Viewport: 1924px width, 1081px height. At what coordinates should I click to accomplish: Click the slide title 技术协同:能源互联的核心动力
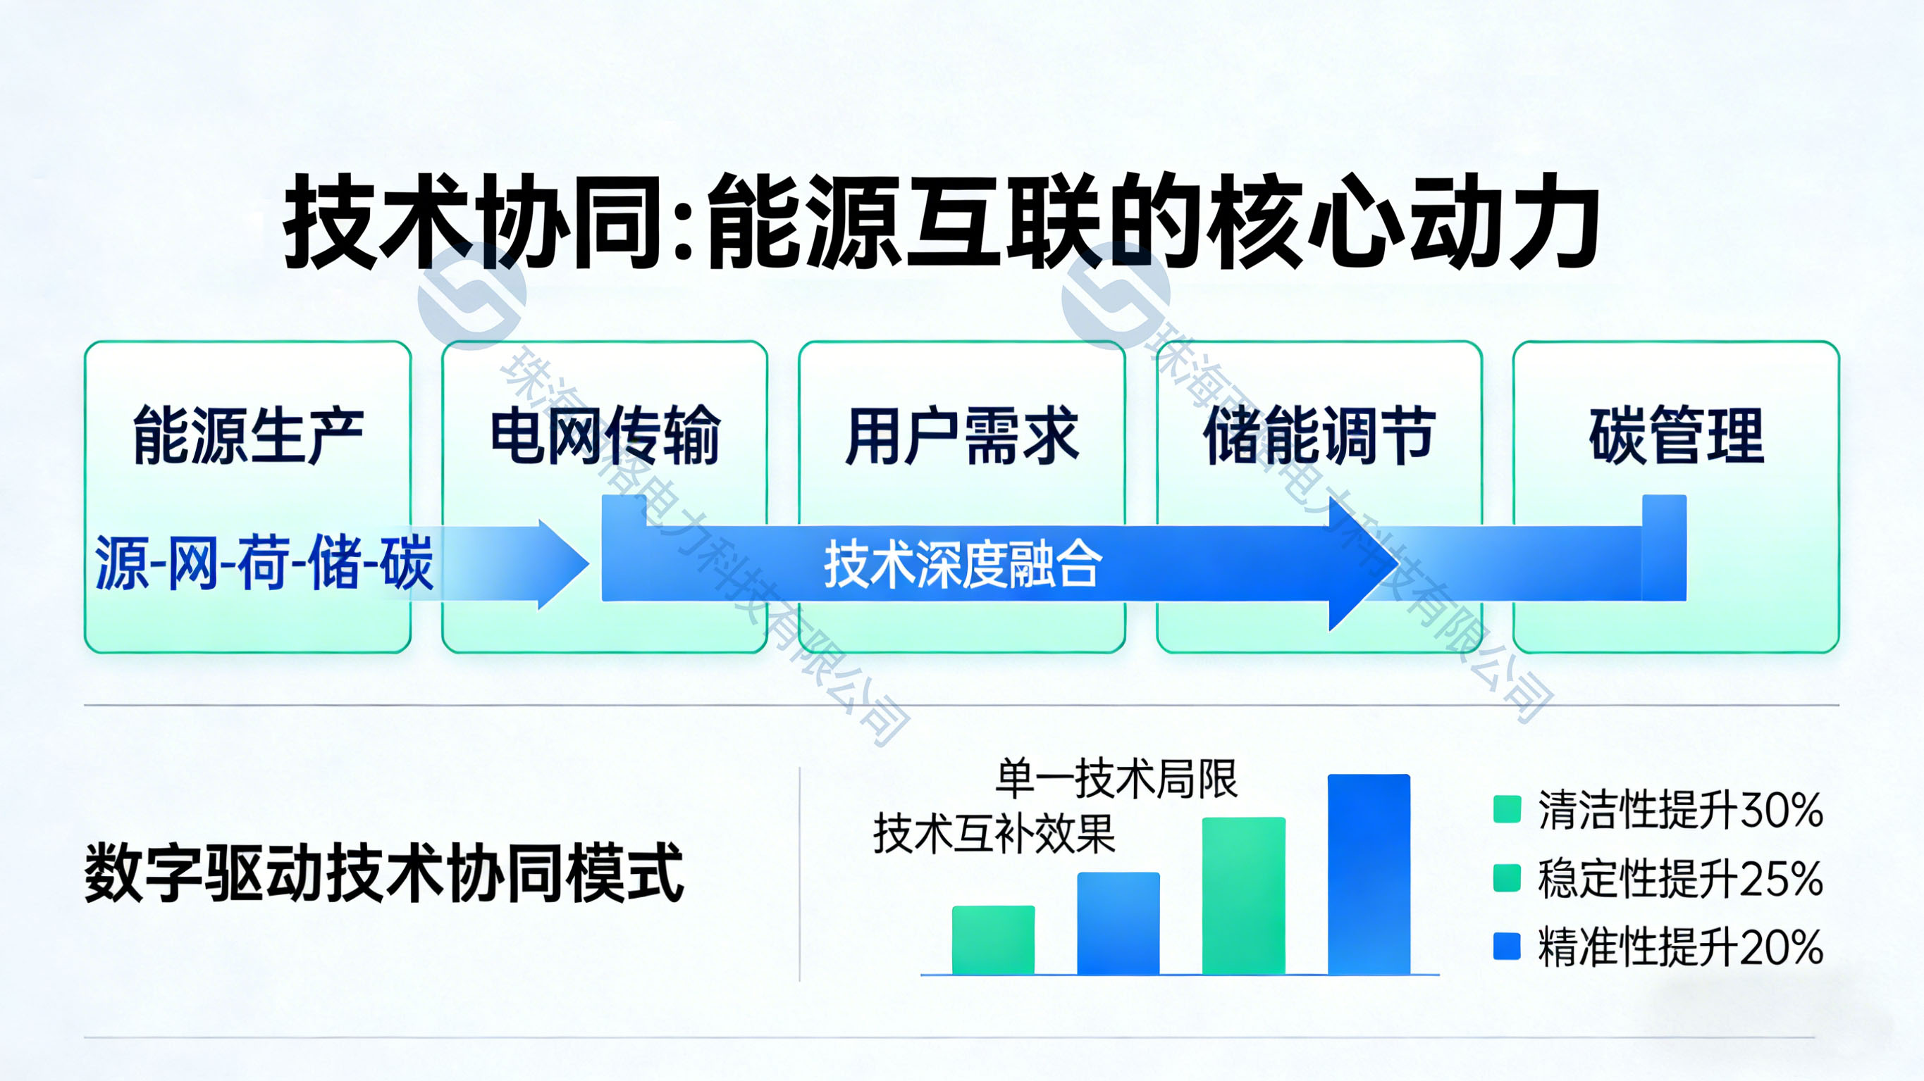point(942,221)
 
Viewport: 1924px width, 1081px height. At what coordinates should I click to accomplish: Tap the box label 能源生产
point(248,435)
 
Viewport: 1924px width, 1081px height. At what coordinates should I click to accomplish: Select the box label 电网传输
point(605,435)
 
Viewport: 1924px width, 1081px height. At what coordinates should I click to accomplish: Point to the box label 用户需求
point(962,435)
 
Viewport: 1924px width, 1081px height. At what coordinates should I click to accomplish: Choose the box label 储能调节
point(1319,435)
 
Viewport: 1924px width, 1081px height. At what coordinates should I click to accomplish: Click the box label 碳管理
point(1676,435)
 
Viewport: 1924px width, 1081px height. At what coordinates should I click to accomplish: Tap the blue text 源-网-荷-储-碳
point(264,563)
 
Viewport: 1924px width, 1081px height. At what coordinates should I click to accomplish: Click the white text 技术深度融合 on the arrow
point(963,564)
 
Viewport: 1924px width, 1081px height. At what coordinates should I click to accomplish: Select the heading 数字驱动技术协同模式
point(384,873)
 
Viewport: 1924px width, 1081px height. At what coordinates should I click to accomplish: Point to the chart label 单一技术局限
point(1116,779)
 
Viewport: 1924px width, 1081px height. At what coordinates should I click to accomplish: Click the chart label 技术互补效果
point(994,833)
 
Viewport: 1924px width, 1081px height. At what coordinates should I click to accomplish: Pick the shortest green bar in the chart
point(994,940)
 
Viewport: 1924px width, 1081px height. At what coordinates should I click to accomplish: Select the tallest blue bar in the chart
point(1369,874)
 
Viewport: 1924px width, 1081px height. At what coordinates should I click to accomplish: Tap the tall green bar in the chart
point(1244,896)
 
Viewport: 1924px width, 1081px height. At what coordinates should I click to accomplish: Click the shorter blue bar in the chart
point(1118,923)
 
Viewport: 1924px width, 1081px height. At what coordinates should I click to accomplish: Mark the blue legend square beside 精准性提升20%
point(1507,946)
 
